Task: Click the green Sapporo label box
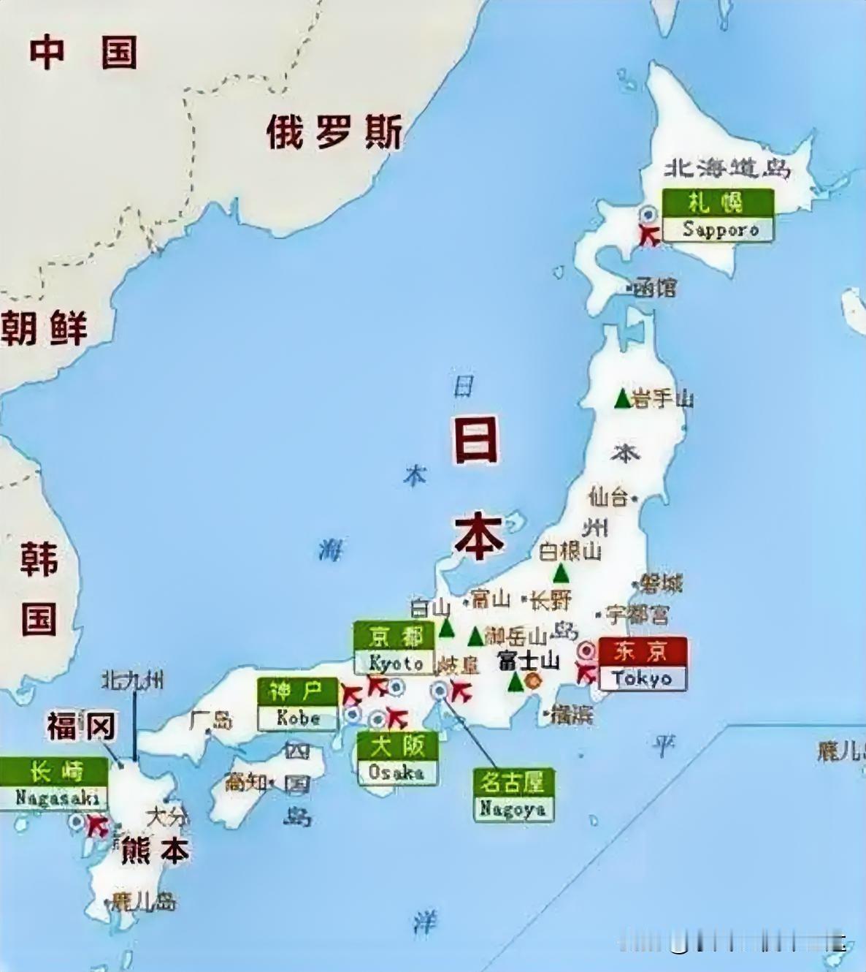click(x=718, y=215)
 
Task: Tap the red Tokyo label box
click(x=643, y=664)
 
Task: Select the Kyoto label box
click(x=395, y=648)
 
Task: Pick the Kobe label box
click(x=297, y=705)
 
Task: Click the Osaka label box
click(x=397, y=759)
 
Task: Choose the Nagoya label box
click(x=513, y=795)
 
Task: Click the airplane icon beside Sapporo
click(x=648, y=235)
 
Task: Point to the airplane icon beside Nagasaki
click(x=96, y=827)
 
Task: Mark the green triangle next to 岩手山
click(x=622, y=399)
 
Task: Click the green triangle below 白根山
click(x=561, y=573)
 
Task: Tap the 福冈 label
click(x=81, y=726)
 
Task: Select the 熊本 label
click(x=155, y=851)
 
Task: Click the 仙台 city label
click(x=609, y=498)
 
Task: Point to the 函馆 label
click(x=655, y=287)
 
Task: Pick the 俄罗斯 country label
click(x=334, y=132)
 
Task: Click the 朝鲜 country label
click(x=44, y=327)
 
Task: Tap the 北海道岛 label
click(x=727, y=168)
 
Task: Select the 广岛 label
click(x=211, y=720)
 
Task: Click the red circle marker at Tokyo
click(x=586, y=650)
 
